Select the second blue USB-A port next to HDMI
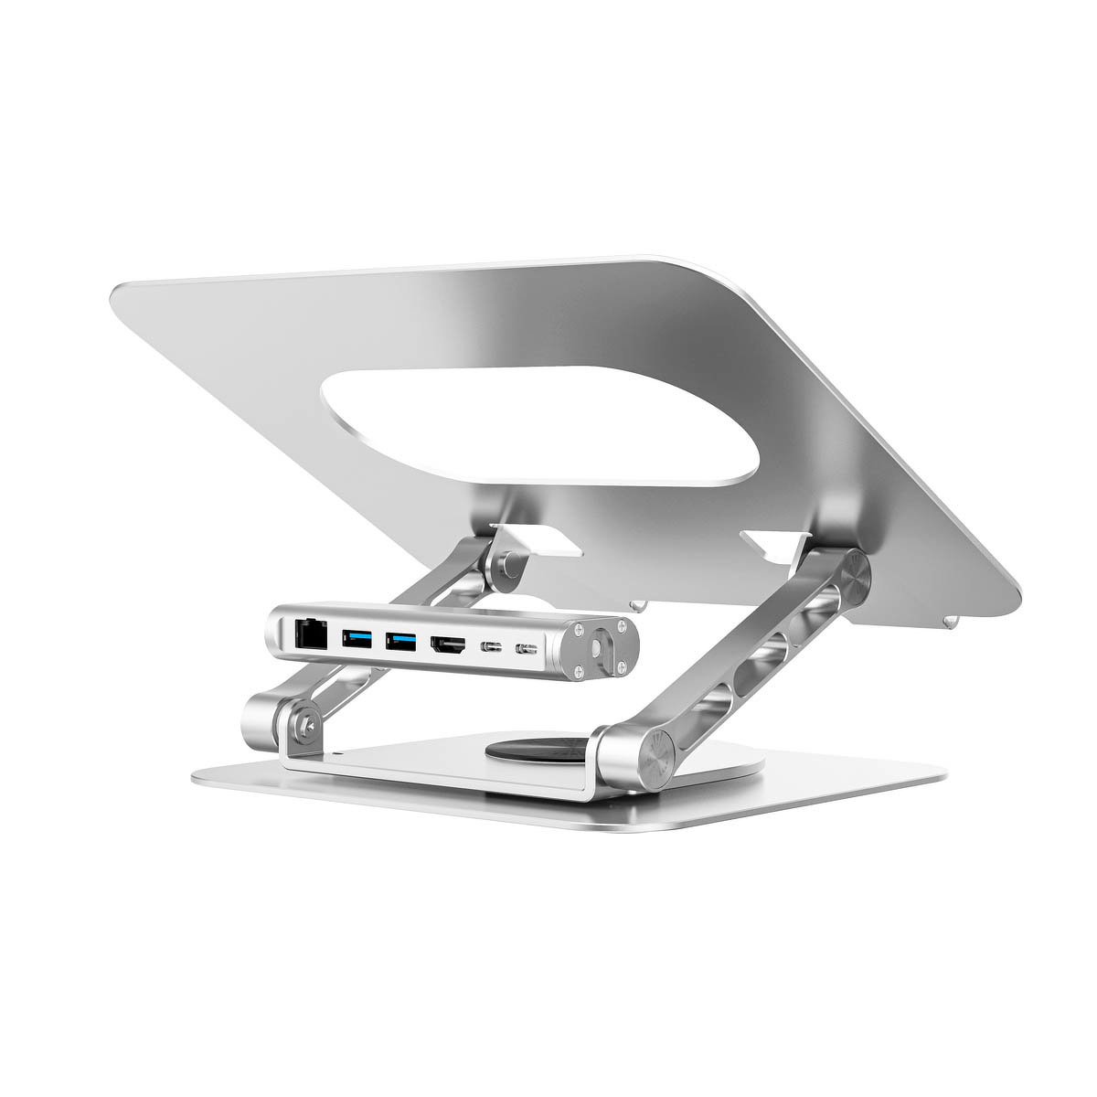point(399,640)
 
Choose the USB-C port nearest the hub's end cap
point(527,650)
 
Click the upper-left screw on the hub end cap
point(578,630)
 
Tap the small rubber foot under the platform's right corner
point(951,622)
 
